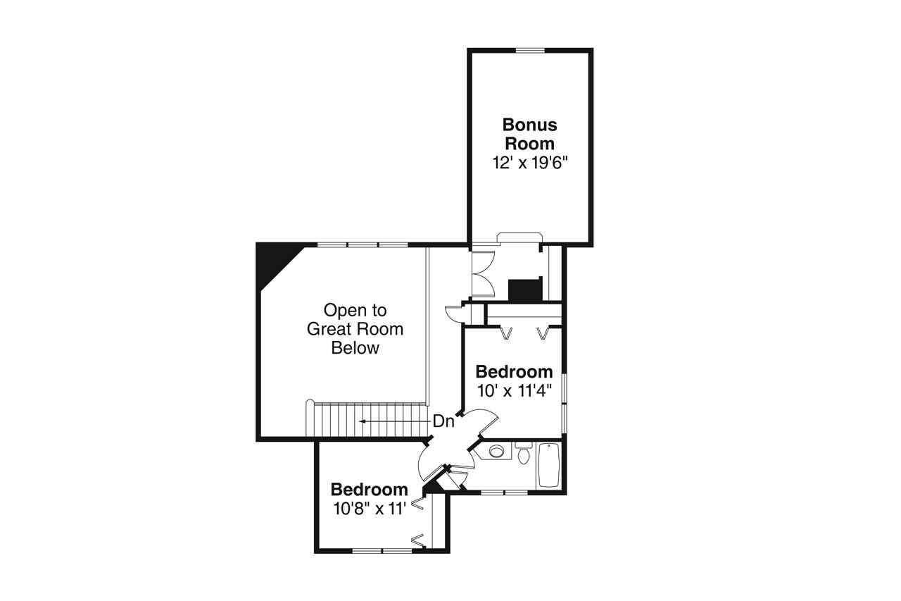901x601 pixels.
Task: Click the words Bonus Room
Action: point(529,134)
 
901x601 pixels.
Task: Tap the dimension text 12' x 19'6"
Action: point(530,161)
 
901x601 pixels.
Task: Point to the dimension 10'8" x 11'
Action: point(370,508)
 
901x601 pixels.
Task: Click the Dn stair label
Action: point(443,421)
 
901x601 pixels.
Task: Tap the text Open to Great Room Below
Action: point(355,328)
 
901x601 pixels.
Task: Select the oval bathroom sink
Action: point(497,452)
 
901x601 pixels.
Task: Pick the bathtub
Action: point(548,466)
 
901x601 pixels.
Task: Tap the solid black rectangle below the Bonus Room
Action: point(523,290)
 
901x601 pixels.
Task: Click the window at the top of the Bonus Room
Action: point(530,50)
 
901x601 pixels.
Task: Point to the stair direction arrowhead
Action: point(362,421)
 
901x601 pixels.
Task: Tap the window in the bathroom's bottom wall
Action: point(504,492)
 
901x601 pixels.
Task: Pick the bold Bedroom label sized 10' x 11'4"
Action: point(514,371)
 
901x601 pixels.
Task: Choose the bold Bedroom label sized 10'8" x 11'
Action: point(370,490)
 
